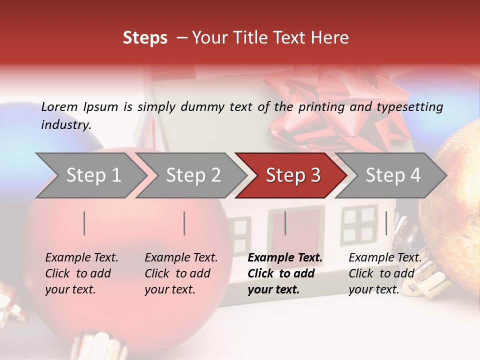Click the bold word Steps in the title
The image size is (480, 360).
click(x=145, y=38)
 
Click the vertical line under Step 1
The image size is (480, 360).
click(x=84, y=223)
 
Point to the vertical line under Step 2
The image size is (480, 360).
click(x=184, y=223)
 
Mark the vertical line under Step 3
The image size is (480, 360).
click(x=285, y=223)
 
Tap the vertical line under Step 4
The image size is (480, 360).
click(x=386, y=223)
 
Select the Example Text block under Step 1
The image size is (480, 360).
click(x=81, y=273)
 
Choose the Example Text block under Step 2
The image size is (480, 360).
click(x=181, y=273)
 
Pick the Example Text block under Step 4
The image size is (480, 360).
click(x=385, y=273)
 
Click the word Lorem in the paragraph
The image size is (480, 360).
click(x=59, y=106)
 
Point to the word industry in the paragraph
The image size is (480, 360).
click(x=65, y=125)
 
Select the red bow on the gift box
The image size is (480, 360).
click(x=335, y=105)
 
